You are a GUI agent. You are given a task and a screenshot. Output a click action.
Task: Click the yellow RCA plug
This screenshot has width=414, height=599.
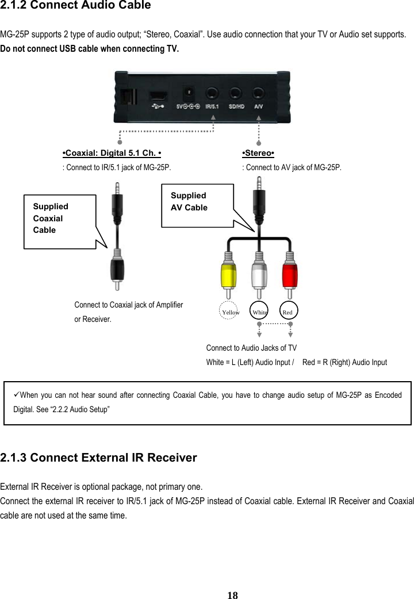pos(228,275)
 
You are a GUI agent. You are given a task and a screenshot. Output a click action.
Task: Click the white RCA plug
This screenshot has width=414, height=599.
pos(259,275)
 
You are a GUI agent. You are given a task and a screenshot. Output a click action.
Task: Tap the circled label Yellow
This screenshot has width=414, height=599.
pos(230,312)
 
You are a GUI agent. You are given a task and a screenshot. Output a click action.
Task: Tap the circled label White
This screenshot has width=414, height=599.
pos(260,312)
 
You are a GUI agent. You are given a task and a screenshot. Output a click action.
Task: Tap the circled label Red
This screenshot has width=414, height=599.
pos(288,312)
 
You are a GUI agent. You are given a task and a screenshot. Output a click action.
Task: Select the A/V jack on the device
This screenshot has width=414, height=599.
pos(259,93)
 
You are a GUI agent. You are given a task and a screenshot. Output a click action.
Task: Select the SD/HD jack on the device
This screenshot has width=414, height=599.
pos(236,93)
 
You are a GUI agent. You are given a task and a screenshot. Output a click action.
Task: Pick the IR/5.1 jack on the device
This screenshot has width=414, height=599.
pos(213,93)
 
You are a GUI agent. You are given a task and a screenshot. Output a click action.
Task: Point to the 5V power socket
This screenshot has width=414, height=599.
pos(188,93)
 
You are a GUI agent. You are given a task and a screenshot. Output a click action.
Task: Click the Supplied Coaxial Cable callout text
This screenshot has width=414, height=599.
pos(51,218)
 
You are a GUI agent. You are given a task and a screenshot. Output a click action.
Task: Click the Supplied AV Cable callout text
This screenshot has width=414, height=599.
pos(189,201)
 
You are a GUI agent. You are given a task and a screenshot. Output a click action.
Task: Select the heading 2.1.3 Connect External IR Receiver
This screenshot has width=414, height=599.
pos(99,458)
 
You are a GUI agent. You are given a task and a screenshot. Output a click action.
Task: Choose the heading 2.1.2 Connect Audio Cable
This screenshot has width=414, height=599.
pos(76,6)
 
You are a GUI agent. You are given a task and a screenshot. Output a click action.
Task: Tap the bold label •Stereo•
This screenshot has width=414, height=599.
pos(258,153)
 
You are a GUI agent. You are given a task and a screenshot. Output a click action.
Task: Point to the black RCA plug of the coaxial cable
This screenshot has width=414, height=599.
pos(117,269)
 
